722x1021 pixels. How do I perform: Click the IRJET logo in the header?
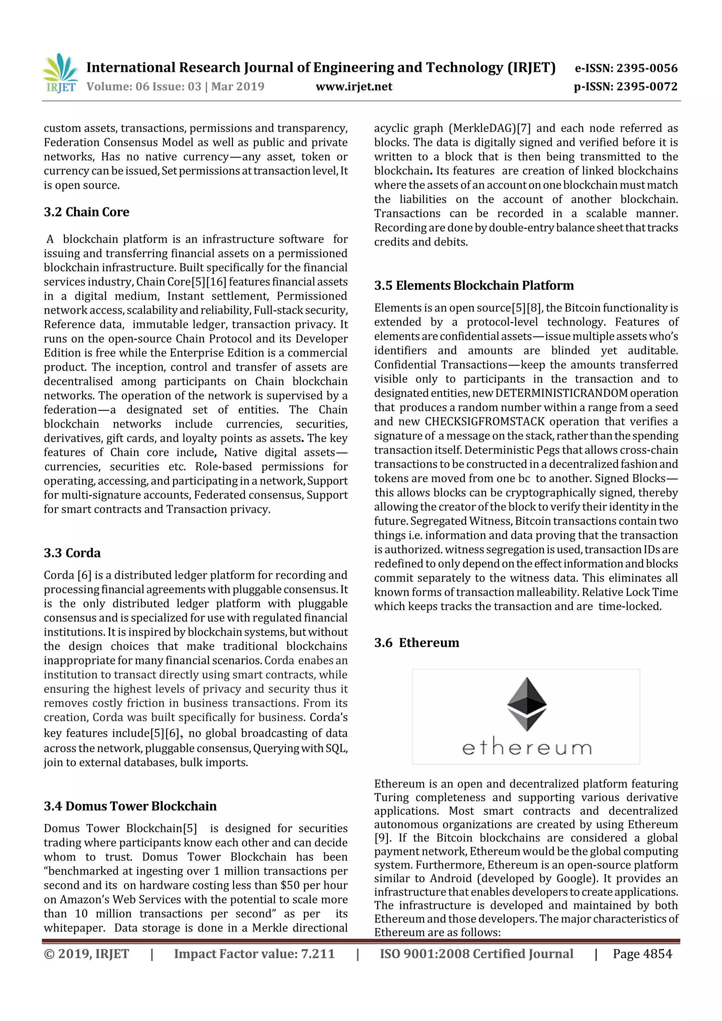click(60, 73)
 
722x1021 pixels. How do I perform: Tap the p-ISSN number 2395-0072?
click(647, 87)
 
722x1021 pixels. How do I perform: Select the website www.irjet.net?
click(354, 87)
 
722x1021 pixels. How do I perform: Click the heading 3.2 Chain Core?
click(86, 212)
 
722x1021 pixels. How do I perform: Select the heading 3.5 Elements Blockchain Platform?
click(474, 285)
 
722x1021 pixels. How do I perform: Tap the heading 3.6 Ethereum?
click(416, 642)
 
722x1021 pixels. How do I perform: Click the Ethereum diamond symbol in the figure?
click(527, 703)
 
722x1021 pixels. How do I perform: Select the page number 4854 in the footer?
click(657, 954)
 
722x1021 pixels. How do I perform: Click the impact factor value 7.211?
click(318, 954)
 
